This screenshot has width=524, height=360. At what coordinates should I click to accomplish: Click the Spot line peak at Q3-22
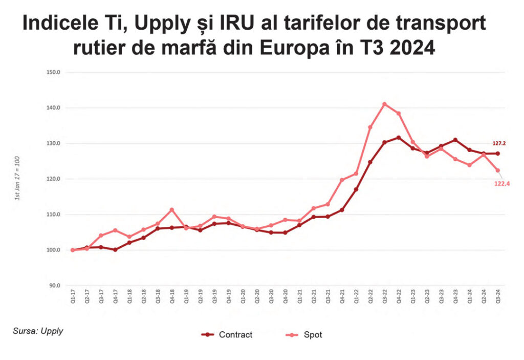(x=384, y=104)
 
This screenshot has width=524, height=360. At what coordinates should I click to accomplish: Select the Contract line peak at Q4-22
(x=399, y=138)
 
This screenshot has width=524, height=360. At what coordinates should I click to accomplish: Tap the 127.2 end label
(x=499, y=144)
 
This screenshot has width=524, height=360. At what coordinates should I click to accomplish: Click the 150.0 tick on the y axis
(x=53, y=72)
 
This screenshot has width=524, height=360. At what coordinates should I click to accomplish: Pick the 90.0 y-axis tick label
(x=54, y=285)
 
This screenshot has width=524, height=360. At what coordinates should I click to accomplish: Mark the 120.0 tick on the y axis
(x=53, y=179)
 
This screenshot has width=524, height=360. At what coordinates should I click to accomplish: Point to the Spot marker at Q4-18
(x=172, y=210)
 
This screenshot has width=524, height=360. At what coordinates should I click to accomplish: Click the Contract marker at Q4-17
(x=115, y=250)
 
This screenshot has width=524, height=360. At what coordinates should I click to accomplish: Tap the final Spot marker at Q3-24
(x=497, y=171)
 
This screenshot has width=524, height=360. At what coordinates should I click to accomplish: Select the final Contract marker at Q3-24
(x=497, y=154)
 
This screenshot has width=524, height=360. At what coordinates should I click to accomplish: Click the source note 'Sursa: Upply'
(x=38, y=331)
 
